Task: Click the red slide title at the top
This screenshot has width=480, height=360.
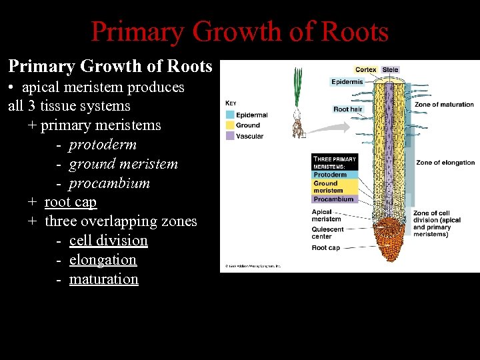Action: pos(239,31)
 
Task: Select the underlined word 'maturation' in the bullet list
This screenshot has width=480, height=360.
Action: pos(103,279)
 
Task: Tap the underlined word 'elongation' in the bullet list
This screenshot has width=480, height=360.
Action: pos(103,259)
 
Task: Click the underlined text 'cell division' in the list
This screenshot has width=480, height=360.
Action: pos(108,240)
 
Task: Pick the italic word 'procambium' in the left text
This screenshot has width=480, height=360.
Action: pos(109,183)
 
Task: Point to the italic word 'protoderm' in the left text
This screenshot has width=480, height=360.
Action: pos(103,144)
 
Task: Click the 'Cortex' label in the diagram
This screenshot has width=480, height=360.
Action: pos(365,69)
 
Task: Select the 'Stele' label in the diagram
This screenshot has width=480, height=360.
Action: pos(390,69)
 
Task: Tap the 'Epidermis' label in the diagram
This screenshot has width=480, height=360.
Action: pos(347,82)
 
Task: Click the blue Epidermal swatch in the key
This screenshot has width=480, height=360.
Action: pos(229,115)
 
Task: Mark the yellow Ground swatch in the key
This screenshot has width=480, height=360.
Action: pos(229,125)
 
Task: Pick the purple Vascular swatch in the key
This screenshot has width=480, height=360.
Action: pos(229,136)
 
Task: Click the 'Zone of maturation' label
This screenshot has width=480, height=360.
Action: pos(444,104)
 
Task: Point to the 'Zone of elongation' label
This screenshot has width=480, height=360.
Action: pos(445,163)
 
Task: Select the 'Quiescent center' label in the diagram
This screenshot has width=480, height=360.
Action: pos(327,233)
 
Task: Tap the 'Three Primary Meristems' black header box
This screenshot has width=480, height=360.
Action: pos(334,163)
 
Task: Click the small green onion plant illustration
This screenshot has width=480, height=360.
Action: pos(297,100)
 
